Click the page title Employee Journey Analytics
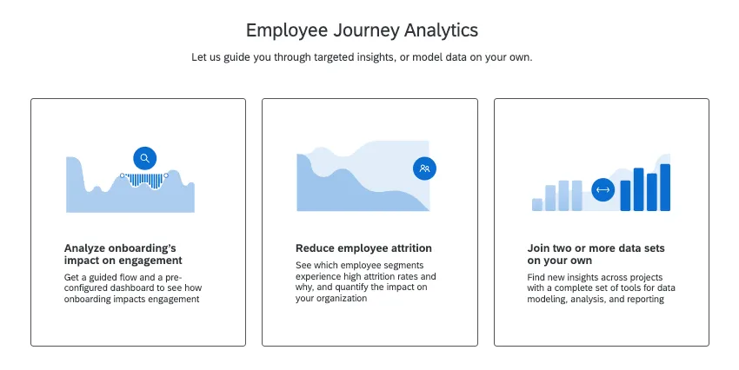362,30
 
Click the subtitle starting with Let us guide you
362,57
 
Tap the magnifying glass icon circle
145,158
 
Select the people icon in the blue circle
424,168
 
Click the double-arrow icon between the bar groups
603,189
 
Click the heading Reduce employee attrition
363,248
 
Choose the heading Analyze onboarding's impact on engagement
123,254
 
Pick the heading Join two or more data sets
596,254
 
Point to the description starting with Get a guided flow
132,287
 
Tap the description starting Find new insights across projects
596,287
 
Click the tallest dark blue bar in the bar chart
665,188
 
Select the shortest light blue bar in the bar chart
537,204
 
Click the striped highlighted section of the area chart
146,181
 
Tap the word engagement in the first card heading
152,260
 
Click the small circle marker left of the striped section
123,175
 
